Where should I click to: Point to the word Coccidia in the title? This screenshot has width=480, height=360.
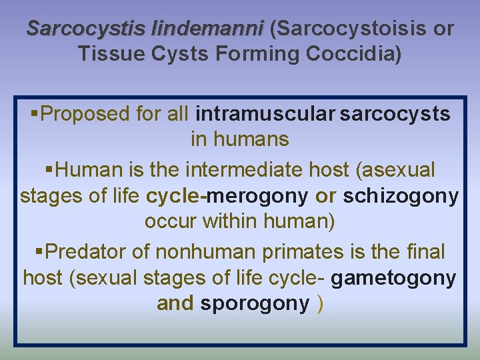tap(356, 53)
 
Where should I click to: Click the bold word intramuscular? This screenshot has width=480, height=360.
tap(265, 114)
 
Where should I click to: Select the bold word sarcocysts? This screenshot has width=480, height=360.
tap(395, 114)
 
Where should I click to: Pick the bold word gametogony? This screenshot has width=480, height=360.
tap(393, 277)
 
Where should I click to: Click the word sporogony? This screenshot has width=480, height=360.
tap(255, 303)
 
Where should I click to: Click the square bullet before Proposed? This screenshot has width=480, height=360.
tap(35, 114)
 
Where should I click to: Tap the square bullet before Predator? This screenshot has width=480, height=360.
tap(38, 251)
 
